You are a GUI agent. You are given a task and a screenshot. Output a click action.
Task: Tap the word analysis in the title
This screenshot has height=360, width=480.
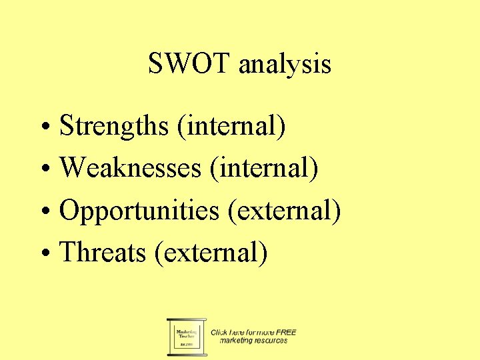pos(285,65)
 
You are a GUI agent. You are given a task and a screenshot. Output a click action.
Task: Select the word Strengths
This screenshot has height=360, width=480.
pos(114,126)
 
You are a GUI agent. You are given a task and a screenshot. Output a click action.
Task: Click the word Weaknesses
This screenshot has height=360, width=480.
pos(130,168)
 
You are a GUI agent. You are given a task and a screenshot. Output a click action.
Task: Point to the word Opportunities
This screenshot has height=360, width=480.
pos(139,211)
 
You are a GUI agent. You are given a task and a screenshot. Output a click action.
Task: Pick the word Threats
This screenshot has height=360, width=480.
pos(103,253)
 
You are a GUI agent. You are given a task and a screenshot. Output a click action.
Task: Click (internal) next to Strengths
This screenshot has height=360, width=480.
pos(231,126)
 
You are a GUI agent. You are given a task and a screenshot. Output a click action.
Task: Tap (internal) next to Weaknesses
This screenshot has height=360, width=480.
pos(263,168)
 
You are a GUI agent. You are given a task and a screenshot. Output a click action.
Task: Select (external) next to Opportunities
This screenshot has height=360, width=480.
pos(284,211)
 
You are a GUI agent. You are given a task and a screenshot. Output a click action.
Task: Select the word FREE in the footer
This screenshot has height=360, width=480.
pos(287,332)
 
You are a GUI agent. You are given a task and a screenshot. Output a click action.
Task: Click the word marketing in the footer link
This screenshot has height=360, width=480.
pos(236,341)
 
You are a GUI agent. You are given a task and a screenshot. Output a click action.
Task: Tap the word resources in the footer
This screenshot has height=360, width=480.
pos(271,341)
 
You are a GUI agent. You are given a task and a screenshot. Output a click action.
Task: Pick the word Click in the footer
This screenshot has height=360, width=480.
pos(219,332)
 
